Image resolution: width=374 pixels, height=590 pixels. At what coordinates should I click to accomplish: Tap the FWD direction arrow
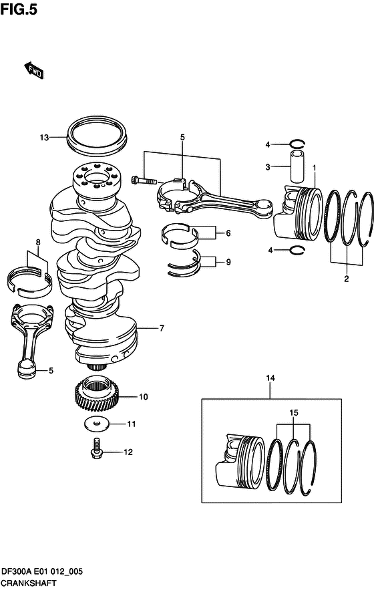coord(33,70)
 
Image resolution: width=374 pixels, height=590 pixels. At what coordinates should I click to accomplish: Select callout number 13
coord(44,138)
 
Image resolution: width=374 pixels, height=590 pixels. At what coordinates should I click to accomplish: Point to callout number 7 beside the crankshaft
coord(161,328)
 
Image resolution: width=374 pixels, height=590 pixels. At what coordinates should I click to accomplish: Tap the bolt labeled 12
coord(97,447)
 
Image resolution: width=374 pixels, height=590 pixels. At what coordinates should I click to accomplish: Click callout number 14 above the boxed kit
coord(270,379)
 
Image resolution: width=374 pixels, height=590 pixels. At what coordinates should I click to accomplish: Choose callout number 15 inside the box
coord(293,413)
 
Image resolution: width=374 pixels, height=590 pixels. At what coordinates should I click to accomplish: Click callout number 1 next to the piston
coord(315,167)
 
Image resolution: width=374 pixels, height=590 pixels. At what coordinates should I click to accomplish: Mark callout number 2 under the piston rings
coord(346,279)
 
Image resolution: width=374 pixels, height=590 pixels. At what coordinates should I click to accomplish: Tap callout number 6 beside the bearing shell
coord(228,233)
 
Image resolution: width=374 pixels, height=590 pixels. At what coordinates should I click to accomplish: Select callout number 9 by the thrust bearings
coord(228,262)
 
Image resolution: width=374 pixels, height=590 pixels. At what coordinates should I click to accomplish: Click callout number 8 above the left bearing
coord(38,242)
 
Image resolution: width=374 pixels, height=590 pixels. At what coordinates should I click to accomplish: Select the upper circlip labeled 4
coord(297,144)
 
